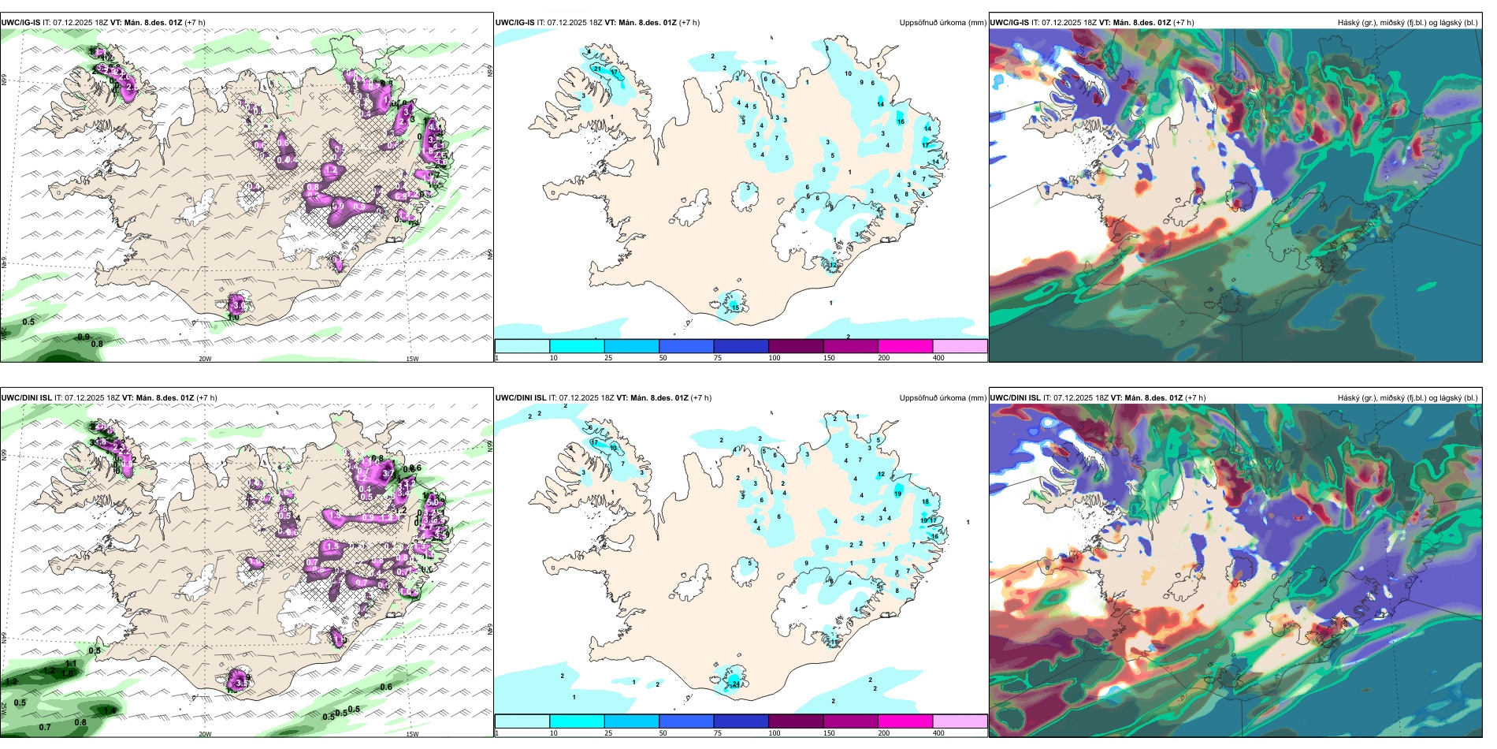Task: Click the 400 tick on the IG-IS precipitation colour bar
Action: (x=938, y=358)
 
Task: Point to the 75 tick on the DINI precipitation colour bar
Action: (x=718, y=733)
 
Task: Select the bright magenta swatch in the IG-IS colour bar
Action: (x=905, y=346)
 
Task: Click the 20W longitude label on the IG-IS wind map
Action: (x=205, y=359)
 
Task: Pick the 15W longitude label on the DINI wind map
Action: (x=412, y=734)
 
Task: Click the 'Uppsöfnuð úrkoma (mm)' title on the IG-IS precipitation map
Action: (x=942, y=23)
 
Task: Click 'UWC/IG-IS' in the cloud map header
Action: (x=1009, y=23)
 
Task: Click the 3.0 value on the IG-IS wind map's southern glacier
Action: (x=239, y=305)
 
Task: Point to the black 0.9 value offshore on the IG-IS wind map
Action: (x=84, y=337)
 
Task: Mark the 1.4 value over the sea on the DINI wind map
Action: (x=110, y=710)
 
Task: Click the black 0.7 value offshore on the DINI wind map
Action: (x=45, y=727)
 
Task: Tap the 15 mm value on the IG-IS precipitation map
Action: (x=735, y=307)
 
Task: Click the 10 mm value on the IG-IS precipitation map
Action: (x=849, y=73)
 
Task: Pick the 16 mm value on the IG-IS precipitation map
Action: (x=901, y=121)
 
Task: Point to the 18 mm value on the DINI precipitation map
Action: (x=926, y=501)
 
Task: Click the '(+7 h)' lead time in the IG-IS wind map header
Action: (x=195, y=23)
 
